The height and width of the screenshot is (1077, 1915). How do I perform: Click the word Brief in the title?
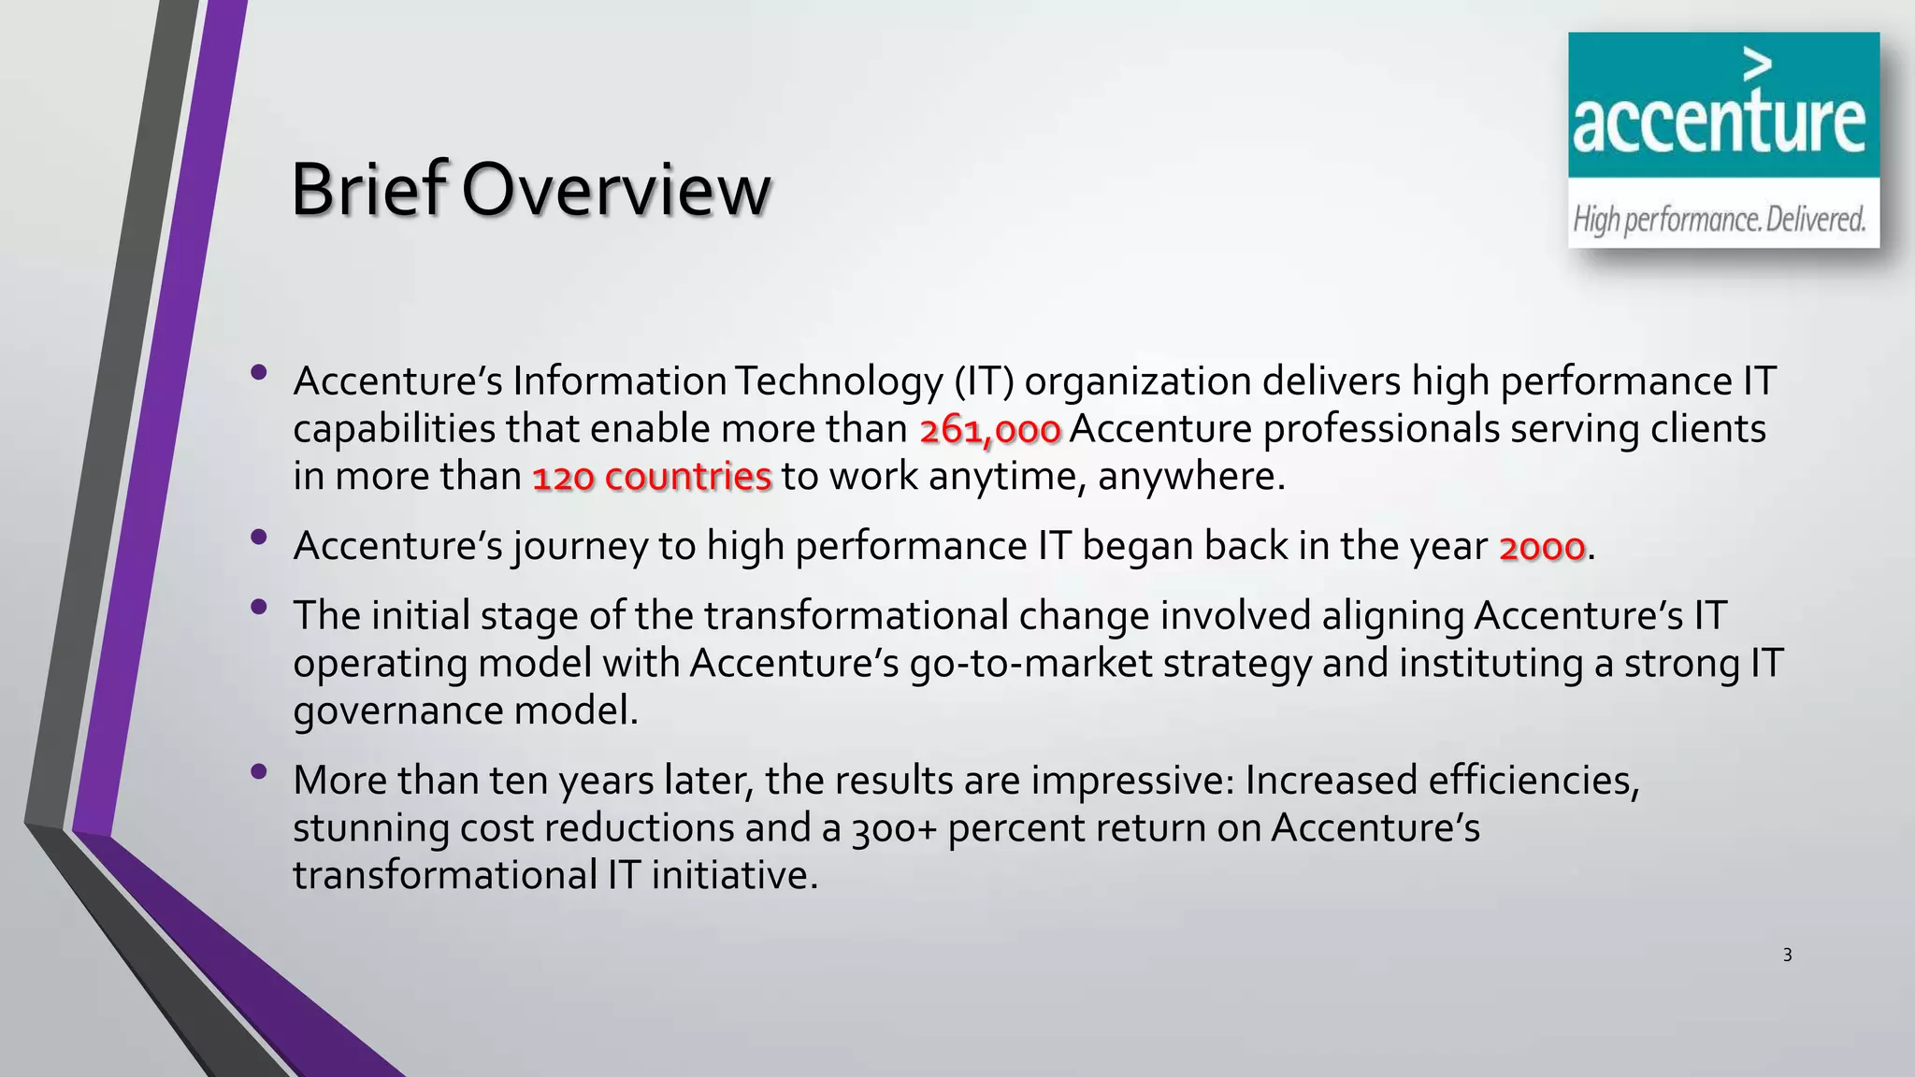tap(369, 190)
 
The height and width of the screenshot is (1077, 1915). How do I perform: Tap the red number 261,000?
tap(990, 431)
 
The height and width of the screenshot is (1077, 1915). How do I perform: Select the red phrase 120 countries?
tap(652, 478)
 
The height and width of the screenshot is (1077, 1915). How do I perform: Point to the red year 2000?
tap(1542, 548)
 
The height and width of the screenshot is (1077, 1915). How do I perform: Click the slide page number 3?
tap(1787, 955)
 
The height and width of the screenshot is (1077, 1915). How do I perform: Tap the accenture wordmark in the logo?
tap(1719, 123)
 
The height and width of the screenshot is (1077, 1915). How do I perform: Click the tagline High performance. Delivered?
tap(1719, 220)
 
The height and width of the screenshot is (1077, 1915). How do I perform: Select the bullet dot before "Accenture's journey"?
tap(259, 538)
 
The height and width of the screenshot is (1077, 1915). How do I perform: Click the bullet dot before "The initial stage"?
tap(259, 608)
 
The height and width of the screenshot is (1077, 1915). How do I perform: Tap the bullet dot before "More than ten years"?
tap(259, 772)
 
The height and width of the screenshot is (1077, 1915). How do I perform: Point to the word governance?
tap(398, 711)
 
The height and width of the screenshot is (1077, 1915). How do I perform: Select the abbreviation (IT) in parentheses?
tap(984, 381)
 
